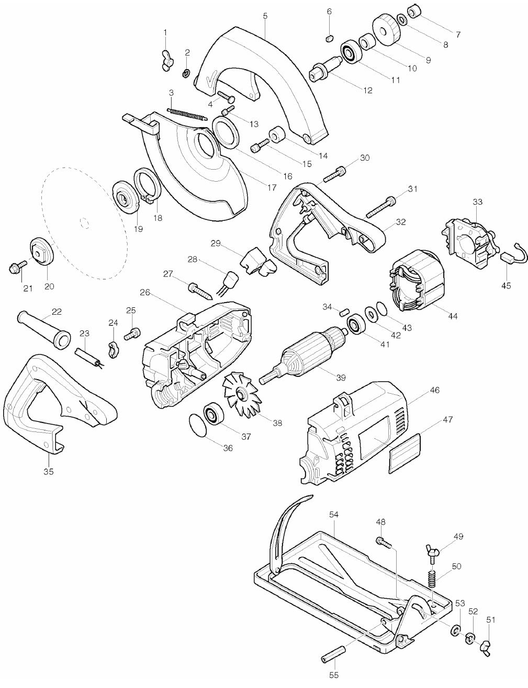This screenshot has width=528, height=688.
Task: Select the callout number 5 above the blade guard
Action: click(265, 16)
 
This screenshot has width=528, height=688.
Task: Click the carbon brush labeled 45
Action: click(507, 257)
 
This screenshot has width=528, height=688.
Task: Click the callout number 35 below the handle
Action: click(48, 471)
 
